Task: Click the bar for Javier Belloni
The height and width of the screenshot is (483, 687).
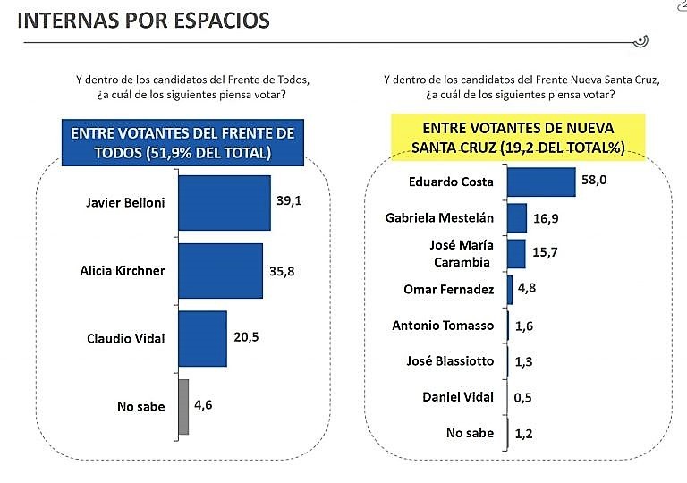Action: point(224,202)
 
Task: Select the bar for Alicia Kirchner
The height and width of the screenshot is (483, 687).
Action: point(220,270)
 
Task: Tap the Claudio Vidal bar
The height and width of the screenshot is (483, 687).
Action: point(203,337)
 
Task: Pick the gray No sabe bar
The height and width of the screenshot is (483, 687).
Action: point(183,406)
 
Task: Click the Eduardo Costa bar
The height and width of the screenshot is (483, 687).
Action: point(540,181)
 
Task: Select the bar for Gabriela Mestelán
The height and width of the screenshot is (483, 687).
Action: point(516,217)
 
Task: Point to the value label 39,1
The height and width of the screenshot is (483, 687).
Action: point(289,202)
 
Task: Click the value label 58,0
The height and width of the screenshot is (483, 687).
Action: point(594,181)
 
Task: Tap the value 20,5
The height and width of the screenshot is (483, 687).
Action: point(246,337)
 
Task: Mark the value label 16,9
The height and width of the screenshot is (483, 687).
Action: point(546,217)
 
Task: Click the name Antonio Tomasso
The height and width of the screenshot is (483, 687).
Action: point(443,326)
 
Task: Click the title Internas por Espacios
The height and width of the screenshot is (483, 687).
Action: point(144,20)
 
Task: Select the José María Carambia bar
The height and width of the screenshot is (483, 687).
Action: point(516,254)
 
